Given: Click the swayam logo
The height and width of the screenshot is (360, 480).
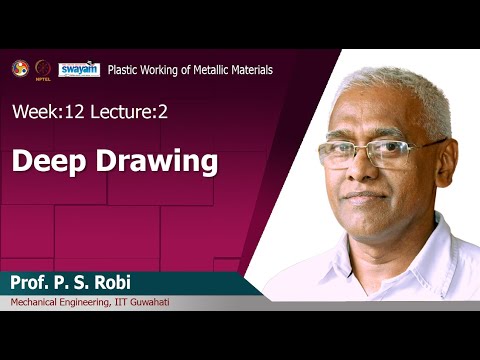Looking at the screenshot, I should coord(79,69).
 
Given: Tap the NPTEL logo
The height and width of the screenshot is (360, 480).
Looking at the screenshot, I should coord(43,69).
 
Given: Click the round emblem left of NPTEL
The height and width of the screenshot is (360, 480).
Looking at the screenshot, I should coord(20,68).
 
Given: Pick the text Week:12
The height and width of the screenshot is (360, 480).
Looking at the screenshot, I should coord(41,113).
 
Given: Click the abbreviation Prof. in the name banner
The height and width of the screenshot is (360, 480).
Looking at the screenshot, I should coord(33,282).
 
